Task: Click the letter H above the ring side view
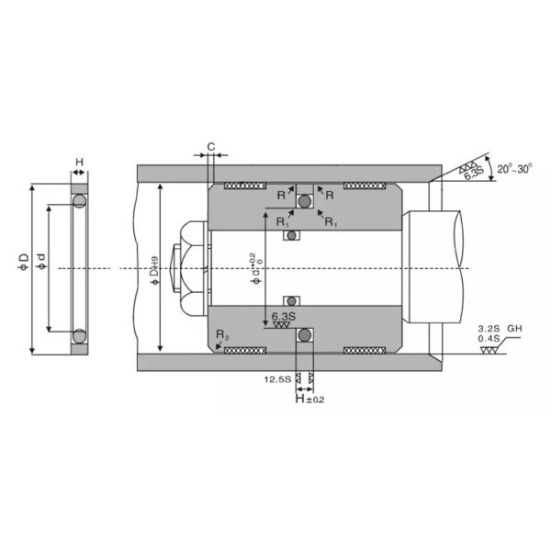tap(79, 163)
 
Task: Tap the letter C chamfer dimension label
tap(211, 146)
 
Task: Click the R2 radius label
tap(220, 337)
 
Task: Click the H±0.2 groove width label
tap(309, 399)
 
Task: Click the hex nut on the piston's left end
tap(192, 267)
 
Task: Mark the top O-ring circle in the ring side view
tap(80, 200)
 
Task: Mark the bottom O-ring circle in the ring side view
tap(80, 335)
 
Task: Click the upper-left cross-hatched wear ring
tap(243, 186)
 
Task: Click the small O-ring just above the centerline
tap(291, 236)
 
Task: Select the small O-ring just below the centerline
tap(291, 300)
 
